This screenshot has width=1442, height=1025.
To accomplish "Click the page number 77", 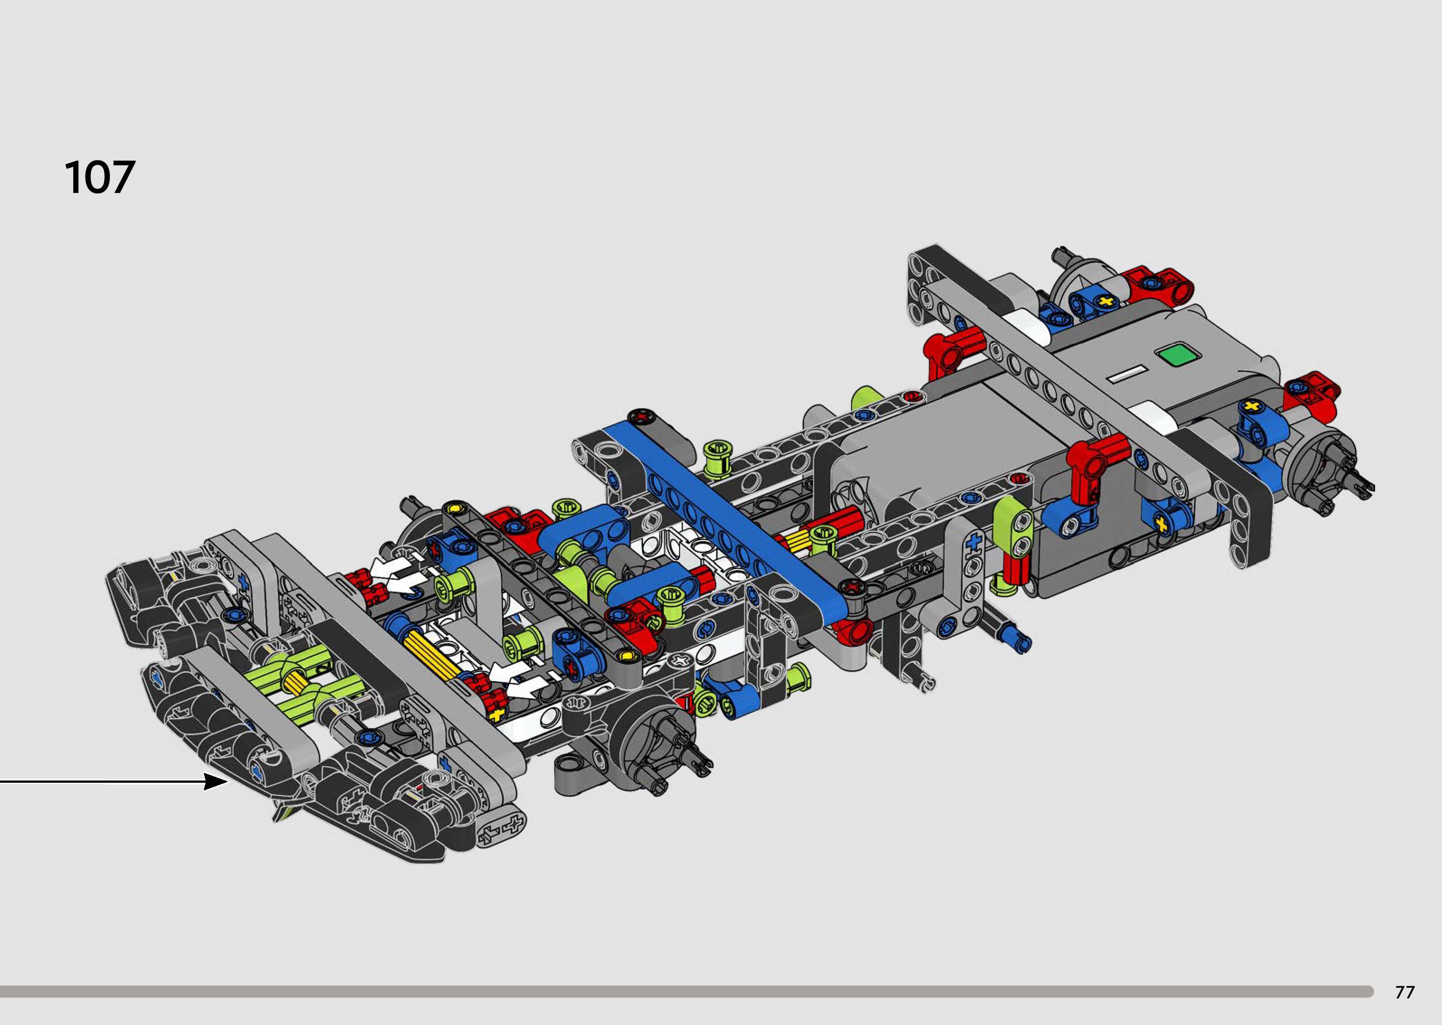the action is (x=1405, y=992).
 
